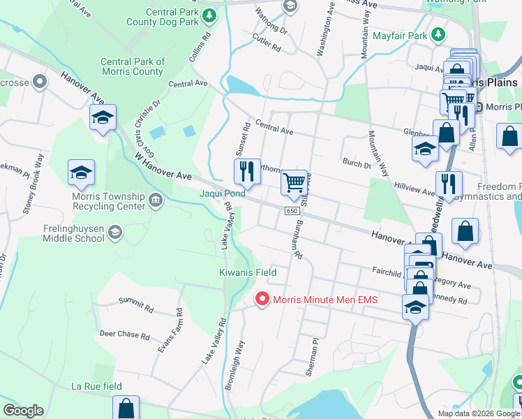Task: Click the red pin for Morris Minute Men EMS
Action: tap(262, 300)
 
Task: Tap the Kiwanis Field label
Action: tap(248, 272)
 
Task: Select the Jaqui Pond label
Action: tap(223, 193)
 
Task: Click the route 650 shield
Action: tap(292, 210)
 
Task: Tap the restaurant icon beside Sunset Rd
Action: tap(247, 171)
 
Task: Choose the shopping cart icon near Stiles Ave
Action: tap(294, 183)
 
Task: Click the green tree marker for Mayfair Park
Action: tap(438, 34)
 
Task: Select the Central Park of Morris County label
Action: tap(132, 66)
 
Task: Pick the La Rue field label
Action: tap(96, 386)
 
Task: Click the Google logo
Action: tap(23, 411)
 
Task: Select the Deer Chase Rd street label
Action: tap(125, 335)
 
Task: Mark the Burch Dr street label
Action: tap(357, 164)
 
